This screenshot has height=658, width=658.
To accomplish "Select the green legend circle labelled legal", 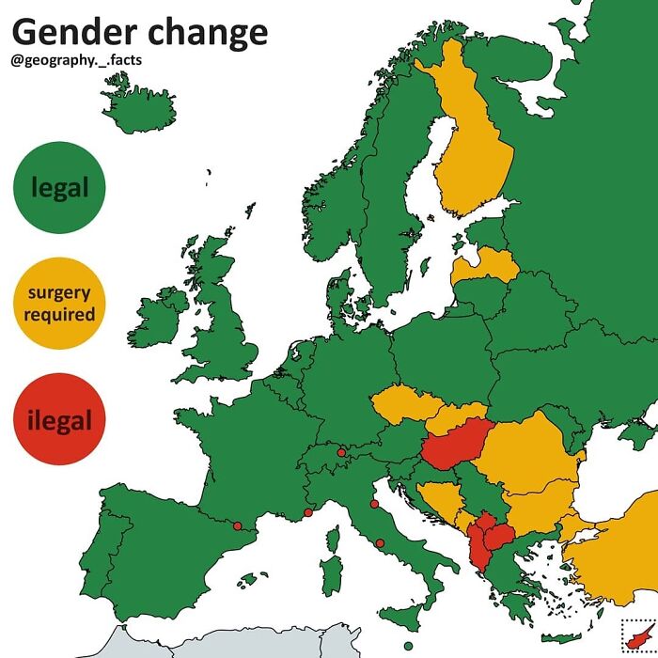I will click(x=59, y=187).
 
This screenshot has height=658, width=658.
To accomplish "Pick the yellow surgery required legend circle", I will click(x=59, y=303).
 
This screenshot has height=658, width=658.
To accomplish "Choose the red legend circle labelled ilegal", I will click(x=59, y=419).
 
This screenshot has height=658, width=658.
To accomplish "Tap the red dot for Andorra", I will click(x=237, y=525).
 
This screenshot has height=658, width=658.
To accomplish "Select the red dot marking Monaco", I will click(x=308, y=512).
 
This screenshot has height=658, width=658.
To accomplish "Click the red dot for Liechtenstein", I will click(x=341, y=452).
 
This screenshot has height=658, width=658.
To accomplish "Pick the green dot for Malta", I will click(x=407, y=647).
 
